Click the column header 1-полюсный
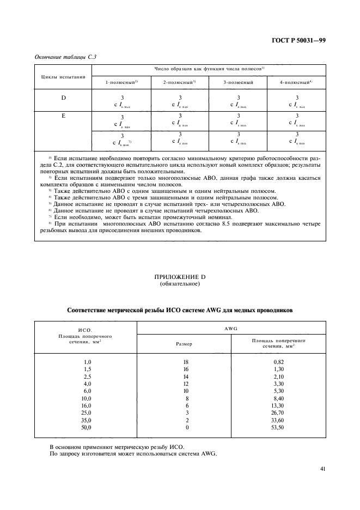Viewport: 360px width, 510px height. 121,82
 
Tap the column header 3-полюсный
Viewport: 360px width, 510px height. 239,82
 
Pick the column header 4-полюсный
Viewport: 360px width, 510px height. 296,82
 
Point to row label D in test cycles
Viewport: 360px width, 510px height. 63,98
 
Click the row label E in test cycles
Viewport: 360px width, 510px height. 63,116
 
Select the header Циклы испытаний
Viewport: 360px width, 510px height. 63,76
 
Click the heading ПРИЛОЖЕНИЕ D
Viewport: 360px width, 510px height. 180,278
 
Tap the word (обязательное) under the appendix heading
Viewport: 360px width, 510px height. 180,285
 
